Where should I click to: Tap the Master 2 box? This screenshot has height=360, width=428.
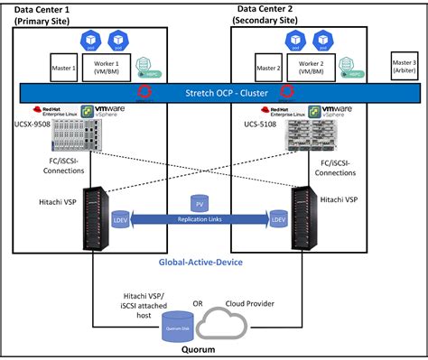(268, 68)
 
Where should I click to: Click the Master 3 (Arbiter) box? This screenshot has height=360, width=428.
(404, 65)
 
